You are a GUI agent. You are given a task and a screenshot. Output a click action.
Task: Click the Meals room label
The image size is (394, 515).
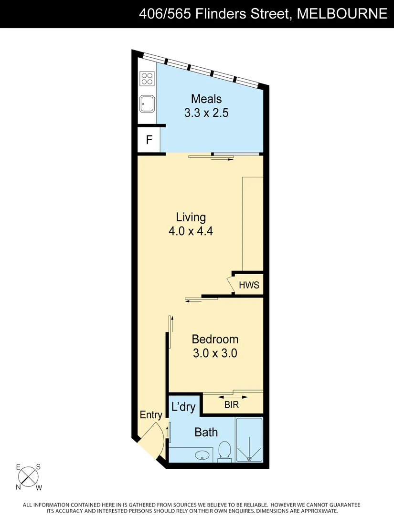coord(206,99)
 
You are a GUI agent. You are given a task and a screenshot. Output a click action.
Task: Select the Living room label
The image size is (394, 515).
coord(191,217)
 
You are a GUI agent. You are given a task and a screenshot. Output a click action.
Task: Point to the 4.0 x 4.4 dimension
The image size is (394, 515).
coord(191,231)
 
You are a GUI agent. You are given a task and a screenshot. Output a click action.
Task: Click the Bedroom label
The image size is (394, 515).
coord(215,340)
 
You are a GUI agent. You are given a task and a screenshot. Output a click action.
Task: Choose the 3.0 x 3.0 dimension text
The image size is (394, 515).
coord(215,353)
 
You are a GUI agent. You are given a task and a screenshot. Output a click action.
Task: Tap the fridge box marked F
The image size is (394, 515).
coord(149,140)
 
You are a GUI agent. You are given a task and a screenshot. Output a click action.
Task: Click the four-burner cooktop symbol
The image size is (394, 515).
coord(147,78)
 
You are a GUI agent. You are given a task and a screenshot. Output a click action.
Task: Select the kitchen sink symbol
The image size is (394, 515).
coord(147,103)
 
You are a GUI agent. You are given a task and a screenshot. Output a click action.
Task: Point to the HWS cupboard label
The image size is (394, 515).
coord(249,285)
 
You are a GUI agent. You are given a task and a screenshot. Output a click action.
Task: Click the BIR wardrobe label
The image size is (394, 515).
coord(232,405)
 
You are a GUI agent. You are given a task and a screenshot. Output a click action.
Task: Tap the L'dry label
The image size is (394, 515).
coord(183,407)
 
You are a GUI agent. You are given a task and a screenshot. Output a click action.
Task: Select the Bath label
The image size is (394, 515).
coord(206,433)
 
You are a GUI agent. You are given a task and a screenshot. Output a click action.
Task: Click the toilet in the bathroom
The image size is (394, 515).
coord(224,451)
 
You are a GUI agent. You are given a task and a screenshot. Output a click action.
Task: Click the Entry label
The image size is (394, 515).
coord(151,415)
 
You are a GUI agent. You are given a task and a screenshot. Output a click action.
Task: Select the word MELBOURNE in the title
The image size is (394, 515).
coord(342,14)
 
